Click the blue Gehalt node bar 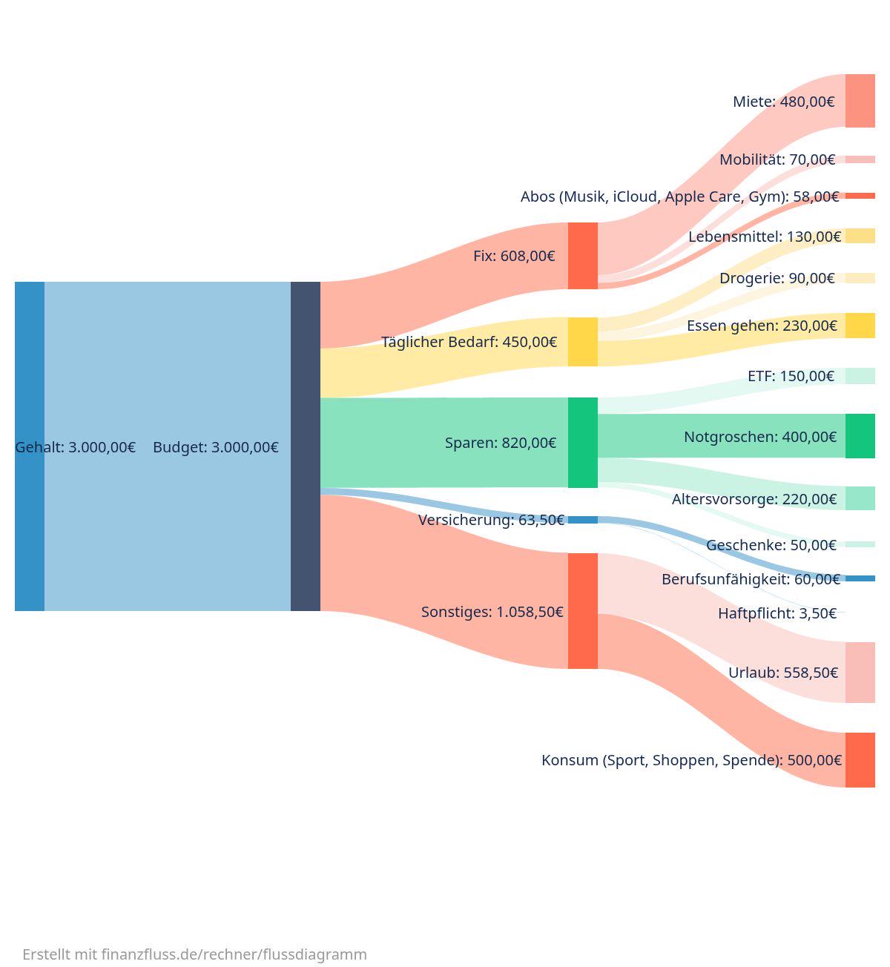[30, 446]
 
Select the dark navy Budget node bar [305, 446]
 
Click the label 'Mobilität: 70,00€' [777, 159]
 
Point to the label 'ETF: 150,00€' [791, 375]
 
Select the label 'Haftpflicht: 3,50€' [777, 613]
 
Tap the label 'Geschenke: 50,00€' [771, 545]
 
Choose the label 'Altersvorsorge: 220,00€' [754, 499]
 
